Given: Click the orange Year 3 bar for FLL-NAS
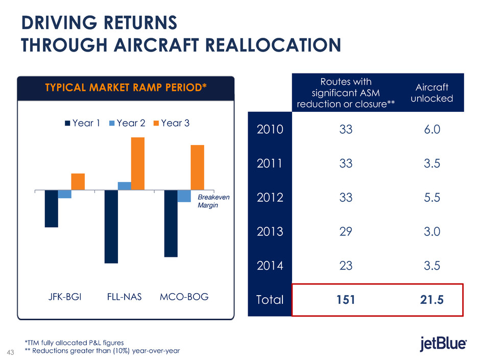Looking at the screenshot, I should click(138, 163).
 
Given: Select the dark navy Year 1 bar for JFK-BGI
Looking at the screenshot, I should click(51, 208).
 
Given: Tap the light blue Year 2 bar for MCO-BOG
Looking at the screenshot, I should click(184, 196).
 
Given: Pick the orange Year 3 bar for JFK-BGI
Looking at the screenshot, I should click(78, 182).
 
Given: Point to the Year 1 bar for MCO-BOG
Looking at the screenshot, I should click(171, 223).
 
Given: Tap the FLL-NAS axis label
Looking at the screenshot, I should click(124, 297).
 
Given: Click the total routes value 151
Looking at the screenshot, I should click(345, 299).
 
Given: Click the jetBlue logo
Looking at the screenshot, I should click(442, 344).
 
